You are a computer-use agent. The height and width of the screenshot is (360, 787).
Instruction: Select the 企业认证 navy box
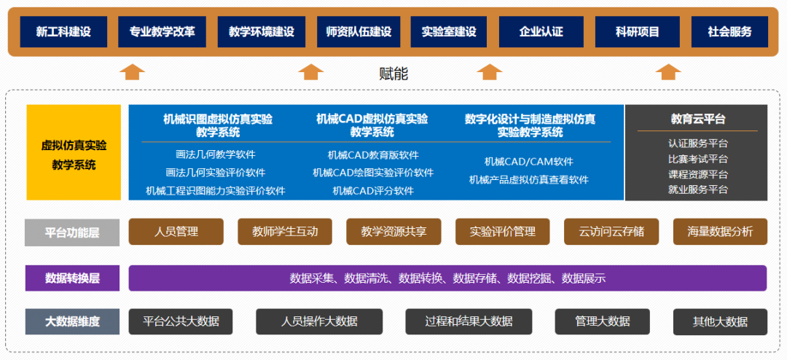click(x=541, y=32)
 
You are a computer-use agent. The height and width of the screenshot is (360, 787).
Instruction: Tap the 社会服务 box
click(x=729, y=32)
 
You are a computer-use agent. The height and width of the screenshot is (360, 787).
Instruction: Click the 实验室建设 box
click(x=449, y=32)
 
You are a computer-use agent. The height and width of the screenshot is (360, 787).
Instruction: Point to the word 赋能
click(x=393, y=73)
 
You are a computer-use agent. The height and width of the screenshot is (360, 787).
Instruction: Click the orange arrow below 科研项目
click(x=667, y=71)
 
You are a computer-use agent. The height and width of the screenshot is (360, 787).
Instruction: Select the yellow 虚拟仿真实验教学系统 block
click(x=74, y=152)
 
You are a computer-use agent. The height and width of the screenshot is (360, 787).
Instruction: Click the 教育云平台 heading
click(x=697, y=119)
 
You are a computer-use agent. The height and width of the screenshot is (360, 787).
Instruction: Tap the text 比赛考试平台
click(x=697, y=159)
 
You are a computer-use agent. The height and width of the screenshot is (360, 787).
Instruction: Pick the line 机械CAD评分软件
click(x=373, y=190)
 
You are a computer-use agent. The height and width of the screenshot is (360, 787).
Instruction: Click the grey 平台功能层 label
click(x=72, y=232)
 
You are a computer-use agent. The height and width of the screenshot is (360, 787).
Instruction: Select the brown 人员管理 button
click(x=176, y=232)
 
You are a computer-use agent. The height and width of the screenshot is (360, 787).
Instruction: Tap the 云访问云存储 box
click(x=611, y=232)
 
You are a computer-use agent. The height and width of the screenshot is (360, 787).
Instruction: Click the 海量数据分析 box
click(x=720, y=232)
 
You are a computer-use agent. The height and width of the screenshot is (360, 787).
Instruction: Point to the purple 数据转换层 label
click(x=72, y=278)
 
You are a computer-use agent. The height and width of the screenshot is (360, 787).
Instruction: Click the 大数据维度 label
click(x=72, y=321)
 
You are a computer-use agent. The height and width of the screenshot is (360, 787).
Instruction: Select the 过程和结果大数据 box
click(x=469, y=321)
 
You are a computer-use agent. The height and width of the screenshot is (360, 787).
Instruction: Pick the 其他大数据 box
click(x=720, y=321)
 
